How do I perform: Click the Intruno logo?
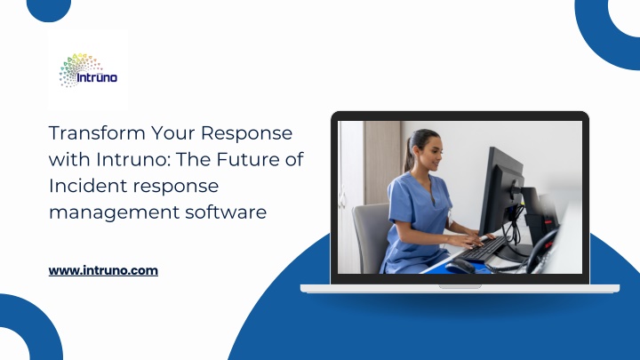coord(88,70)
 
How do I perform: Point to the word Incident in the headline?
coord(87,186)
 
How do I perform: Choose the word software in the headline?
coord(226,212)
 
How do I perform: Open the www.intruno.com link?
coord(103,270)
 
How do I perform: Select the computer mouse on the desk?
coord(460,267)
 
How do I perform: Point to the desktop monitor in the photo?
coord(501,192)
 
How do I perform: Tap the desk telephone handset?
coord(540,251)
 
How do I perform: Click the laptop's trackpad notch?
coord(460,286)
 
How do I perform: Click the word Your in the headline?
coord(173,133)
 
